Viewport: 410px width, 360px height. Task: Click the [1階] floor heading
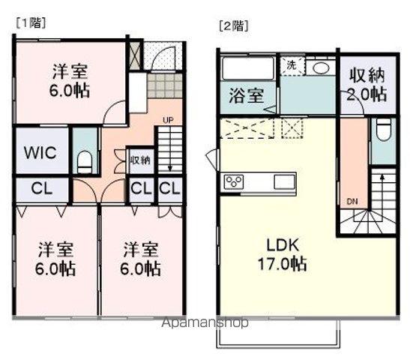point(27,24)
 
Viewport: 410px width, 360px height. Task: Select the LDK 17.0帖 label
point(277,254)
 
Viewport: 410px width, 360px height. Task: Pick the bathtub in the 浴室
point(248,67)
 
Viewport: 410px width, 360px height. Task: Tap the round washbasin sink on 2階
point(320,67)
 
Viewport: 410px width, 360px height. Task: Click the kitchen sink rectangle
point(285,182)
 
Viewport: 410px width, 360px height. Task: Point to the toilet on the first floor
point(85,160)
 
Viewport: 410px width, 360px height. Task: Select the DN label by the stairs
point(352,201)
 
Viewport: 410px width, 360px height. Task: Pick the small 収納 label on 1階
point(139,160)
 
